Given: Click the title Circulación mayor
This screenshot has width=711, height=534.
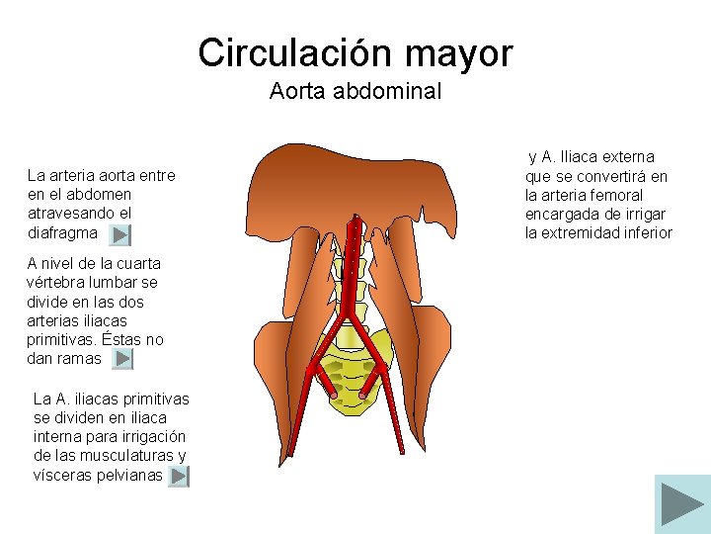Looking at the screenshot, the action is (x=355, y=52).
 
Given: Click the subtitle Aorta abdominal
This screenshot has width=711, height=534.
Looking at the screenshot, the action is (x=355, y=92).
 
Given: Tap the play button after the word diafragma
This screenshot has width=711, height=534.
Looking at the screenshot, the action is (x=119, y=235).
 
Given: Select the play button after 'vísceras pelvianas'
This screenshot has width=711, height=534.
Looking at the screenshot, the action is (x=178, y=477).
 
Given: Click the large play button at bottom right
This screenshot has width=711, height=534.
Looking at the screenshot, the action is (x=682, y=504).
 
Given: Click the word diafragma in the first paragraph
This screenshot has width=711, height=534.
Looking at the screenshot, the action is (x=63, y=233).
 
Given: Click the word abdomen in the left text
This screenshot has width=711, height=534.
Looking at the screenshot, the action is (x=102, y=194).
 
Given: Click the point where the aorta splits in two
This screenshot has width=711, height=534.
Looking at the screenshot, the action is (x=348, y=307).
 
